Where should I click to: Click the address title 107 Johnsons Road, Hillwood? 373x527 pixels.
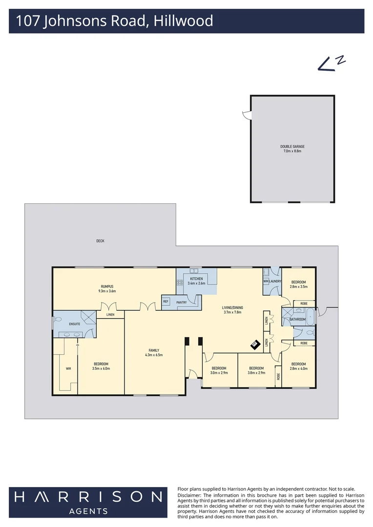point(114,21)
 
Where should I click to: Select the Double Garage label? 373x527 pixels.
point(292,149)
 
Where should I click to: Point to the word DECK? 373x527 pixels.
point(100,241)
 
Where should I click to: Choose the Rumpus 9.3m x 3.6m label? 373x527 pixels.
point(107,288)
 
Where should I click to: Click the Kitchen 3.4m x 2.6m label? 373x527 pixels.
point(196,281)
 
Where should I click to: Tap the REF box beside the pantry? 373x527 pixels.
point(166,302)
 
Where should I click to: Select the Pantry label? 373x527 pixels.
point(182,303)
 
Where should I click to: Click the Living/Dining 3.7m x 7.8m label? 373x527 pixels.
point(232,309)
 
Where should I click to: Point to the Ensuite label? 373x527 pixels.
point(75,324)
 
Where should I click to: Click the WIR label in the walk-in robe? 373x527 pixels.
point(68,368)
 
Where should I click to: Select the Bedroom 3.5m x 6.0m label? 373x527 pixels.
point(101,366)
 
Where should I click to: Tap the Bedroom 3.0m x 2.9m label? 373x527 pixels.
point(218,370)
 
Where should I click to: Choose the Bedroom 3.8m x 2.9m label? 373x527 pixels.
point(256,370)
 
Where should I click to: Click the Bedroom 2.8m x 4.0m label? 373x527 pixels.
point(298,366)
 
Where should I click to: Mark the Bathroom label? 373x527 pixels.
point(297,320)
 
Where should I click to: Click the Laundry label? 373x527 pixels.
point(275,282)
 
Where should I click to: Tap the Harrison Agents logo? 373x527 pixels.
point(88,502)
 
